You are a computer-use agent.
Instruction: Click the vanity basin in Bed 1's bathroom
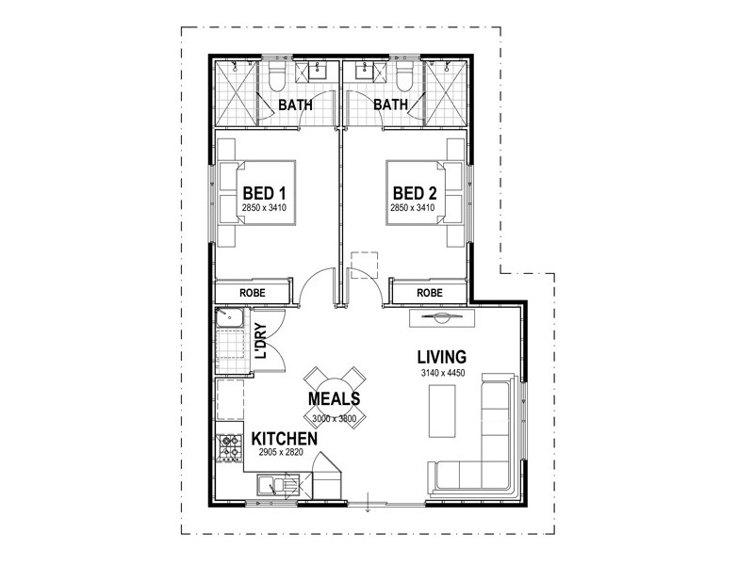[x=315, y=71]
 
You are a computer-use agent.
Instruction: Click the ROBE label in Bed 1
[x=253, y=293]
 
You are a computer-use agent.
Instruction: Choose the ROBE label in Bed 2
[x=429, y=293]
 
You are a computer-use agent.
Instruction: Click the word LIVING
[x=442, y=357]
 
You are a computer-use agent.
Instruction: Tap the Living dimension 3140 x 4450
[x=442, y=374]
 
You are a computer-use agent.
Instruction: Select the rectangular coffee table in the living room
[x=441, y=411]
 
